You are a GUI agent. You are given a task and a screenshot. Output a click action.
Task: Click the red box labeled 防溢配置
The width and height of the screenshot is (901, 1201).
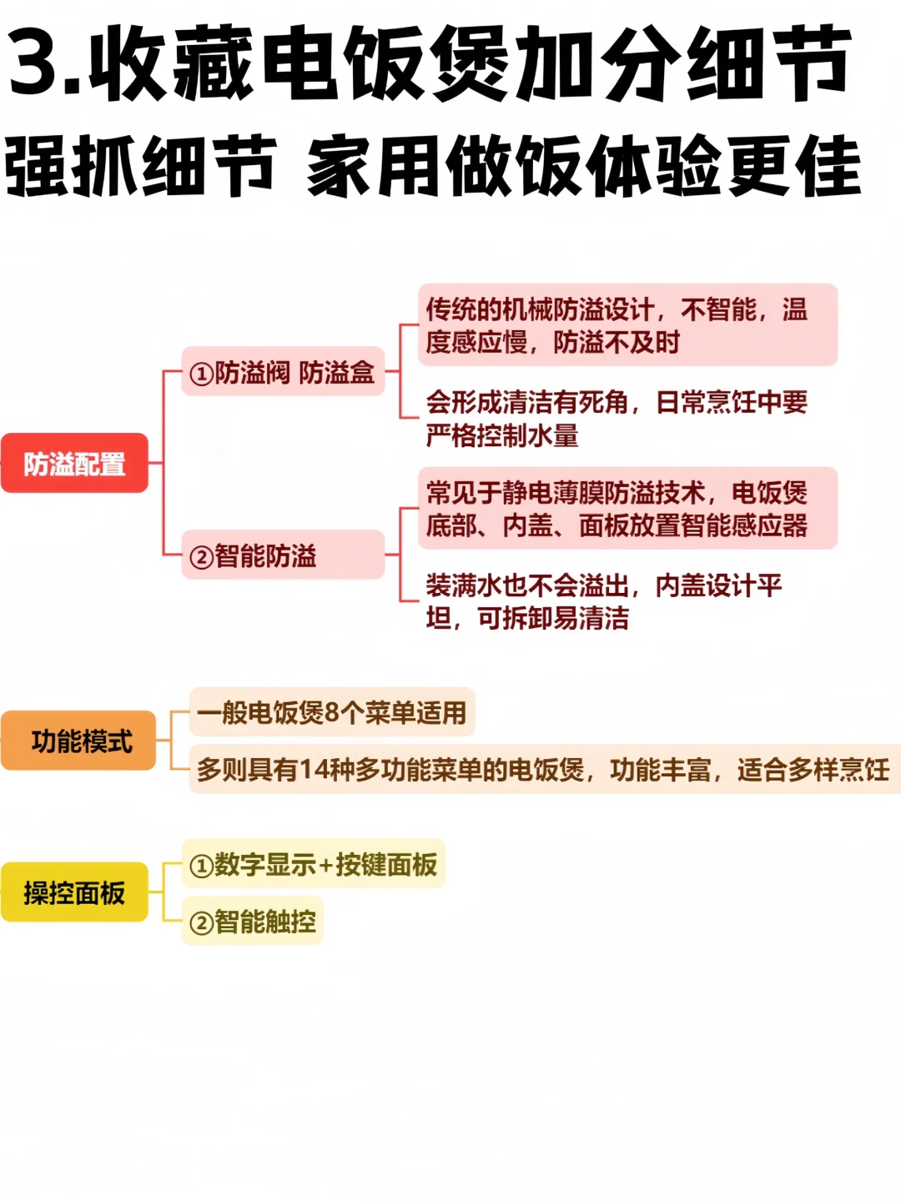click(74, 464)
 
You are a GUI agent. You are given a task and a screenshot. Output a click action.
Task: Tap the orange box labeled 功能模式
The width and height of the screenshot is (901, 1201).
click(80, 741)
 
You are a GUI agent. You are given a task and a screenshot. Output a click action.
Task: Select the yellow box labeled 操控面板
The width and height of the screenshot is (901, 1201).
click(74, 892)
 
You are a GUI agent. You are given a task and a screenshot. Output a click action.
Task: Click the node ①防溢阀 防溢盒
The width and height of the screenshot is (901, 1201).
click(283, 372)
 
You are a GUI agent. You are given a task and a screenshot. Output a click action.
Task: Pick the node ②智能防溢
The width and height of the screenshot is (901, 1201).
click(283, 555)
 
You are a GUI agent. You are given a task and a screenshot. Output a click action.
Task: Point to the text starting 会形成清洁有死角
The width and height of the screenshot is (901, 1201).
click(616, 418)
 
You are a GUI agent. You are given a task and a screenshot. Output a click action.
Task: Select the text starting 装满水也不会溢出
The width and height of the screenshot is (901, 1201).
click(604, 601)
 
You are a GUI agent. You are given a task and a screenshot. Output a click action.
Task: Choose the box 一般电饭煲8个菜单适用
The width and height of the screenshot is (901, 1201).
click(332, 712)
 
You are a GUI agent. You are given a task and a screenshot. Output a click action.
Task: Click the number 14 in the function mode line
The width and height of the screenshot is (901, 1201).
click(315, 769)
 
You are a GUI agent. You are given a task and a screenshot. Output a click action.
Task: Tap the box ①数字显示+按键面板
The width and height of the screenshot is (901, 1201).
click(314, 864)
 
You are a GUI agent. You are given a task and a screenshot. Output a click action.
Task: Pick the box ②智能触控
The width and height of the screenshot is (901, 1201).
click(253, 922)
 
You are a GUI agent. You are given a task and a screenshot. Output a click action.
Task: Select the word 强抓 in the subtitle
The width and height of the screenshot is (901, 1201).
click(71, 167)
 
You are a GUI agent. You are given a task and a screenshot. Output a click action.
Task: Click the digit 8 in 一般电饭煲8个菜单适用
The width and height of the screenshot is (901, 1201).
click(331, 712)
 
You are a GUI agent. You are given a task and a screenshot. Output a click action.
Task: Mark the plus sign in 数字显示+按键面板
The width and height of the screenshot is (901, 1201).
click(326, 865)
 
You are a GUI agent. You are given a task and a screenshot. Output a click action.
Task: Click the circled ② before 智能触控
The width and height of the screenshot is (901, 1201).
click(201, 923)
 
